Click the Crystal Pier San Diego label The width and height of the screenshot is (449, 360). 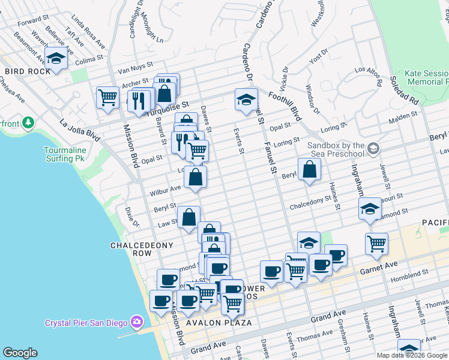pos(86,323)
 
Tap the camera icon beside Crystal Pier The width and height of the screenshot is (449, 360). pos(137,323)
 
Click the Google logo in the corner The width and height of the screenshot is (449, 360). pos(20,353)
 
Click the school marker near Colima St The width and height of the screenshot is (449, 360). pos(56,58)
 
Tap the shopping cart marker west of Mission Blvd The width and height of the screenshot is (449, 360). pos(107,97)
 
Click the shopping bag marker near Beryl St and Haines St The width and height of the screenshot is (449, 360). pos(309,169)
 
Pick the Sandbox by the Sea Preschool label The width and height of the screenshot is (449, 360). pos(336,149)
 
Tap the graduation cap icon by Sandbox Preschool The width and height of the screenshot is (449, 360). pos(373,148)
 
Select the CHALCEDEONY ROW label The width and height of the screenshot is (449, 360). pos(142,249)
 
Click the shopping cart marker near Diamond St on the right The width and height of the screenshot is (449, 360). pos(376,244)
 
